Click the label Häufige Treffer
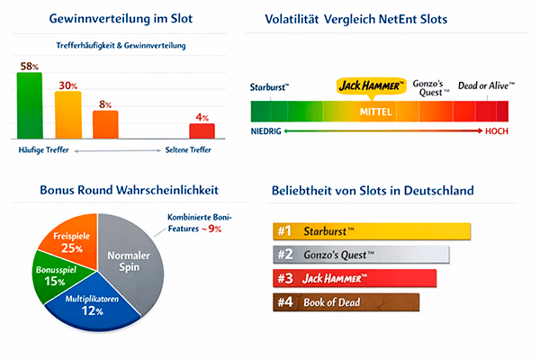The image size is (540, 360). point(44,150)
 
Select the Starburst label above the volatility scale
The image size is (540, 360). point(270,87)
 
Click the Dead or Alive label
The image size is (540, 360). point(487,85)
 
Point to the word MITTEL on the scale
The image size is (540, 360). point(376,111)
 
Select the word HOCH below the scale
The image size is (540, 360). point(496,130)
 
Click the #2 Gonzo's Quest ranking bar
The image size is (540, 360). point(360,255)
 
